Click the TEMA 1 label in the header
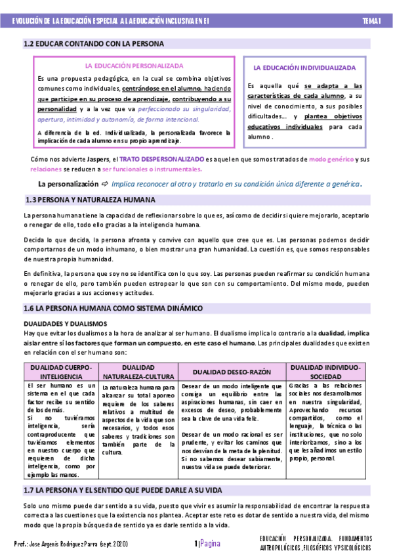pyautogui.click(x=371, y=22)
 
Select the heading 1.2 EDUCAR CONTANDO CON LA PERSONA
pyautogui.click(x=93, y=44)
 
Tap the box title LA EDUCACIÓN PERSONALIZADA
pyautogui.click(x=134, y=66)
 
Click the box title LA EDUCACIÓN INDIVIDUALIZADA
pyautogui.click(x=304, y=68)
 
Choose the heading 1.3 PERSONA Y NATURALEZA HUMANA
pyautogui.click(x=89, y=199)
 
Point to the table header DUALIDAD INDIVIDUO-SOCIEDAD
pyautogui.click(x=325, y=371)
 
